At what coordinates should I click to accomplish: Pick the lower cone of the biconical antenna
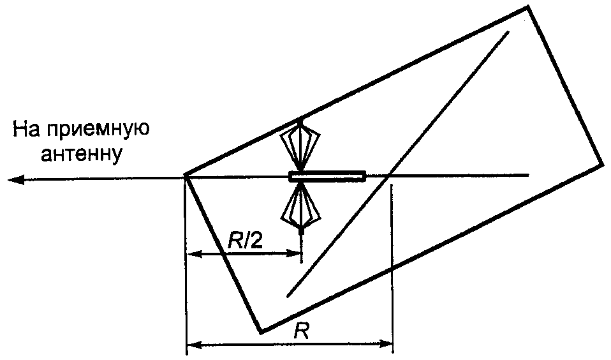[301, 207]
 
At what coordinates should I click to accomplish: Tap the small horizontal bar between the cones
[327, 176]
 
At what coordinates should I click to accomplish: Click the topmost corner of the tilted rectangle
[528, 8]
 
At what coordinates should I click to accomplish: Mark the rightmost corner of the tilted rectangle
[601, 165]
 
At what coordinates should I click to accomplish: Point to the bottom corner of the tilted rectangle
[261, 332]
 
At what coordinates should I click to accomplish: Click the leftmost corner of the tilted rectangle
[185, 175]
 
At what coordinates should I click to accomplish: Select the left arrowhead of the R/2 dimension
[190, 254]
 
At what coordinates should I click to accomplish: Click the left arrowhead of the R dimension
[191, 347]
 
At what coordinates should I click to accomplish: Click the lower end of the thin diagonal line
[288, 296]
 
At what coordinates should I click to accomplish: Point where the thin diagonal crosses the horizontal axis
[387, 175]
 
